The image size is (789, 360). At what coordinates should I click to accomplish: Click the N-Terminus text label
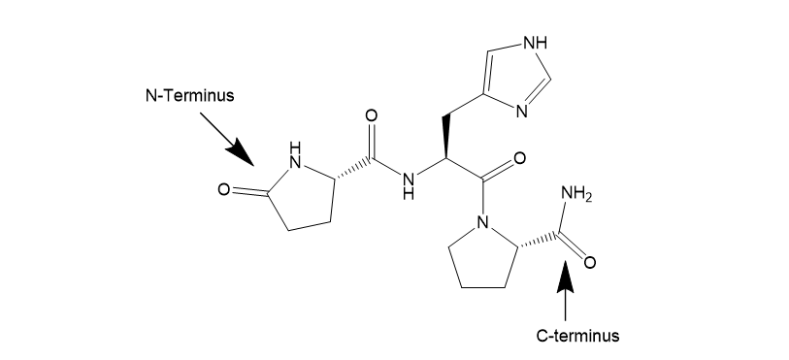pyautogui.click(x=189, y=95)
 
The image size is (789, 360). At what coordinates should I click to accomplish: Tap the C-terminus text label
pyautogui.click(x=577, y=336)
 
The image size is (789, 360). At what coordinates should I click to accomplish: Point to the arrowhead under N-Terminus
pyautogui.click(x=241, y=152)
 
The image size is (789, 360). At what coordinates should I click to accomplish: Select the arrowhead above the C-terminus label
pyautogui.click(x=566, y=276)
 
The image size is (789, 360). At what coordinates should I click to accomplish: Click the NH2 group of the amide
pyautogui.click(x=576, y=194)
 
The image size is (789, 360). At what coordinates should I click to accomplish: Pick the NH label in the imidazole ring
pyautogui.click(x=536, y=44)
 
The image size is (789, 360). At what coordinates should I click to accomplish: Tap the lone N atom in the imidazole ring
pyautogui.click(x=522, y=112)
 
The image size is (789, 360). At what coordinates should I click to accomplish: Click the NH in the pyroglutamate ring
pyautogui.click(x=295, y=156)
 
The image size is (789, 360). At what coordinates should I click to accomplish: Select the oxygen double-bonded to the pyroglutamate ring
pyautogui.click(x=224, y=190)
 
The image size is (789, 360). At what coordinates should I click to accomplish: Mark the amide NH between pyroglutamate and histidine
pyautogui.click(x=409, y=185)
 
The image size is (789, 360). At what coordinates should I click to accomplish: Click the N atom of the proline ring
pyautogui.click(x=482, y=222)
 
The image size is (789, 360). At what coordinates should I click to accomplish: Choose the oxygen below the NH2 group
pyautogui.click(x=590, y=262)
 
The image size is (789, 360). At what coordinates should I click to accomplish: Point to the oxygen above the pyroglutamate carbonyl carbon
pyautogui.click(x=371, y=116)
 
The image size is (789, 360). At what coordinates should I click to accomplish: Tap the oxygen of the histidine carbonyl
pyautogui.click(x=520, y=159)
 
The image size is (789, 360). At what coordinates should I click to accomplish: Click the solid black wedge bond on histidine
pyautogui.click(x=445, y=138)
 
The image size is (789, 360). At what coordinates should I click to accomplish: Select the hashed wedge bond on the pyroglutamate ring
pyautogui.click(x=352, y=170)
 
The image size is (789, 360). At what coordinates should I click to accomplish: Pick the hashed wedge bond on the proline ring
pyautogui.click(x=537, y=240)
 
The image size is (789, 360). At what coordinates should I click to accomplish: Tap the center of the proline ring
pyautogui.click(x=482, y=257)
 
